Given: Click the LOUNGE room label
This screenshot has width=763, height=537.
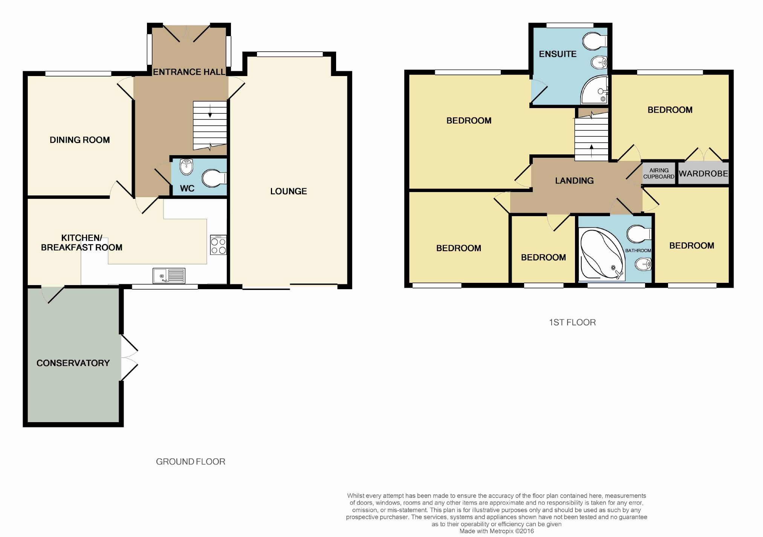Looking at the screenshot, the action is click(289, 191).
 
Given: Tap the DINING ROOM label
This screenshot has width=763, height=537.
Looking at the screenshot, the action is click(80, 140).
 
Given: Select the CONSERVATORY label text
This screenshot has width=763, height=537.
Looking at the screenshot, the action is click(73, 363).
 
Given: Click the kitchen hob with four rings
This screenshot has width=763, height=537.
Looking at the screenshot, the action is click(219, 245).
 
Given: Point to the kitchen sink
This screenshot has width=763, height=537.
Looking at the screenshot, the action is click(169, 276).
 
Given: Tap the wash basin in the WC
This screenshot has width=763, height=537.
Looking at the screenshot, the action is click(187, 167).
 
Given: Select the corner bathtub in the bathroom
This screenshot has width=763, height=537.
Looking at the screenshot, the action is click(601, 255).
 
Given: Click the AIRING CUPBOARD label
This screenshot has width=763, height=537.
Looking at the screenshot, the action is click(659, 174).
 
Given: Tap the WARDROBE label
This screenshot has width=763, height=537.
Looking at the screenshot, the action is click(703, 174).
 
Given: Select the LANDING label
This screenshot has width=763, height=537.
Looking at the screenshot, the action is click(574, 181).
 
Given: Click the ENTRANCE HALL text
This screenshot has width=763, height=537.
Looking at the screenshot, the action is click(189, 72).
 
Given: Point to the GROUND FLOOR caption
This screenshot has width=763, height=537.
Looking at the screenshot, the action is click(191, 462).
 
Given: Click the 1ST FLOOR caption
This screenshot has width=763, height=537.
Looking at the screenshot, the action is click(572, 322).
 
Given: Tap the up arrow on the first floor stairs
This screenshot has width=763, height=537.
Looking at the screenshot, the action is click(592, 151).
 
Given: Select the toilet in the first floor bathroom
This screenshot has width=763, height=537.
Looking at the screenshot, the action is click(639, 234).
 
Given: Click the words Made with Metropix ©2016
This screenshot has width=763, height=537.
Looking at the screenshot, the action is click(497, 531).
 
